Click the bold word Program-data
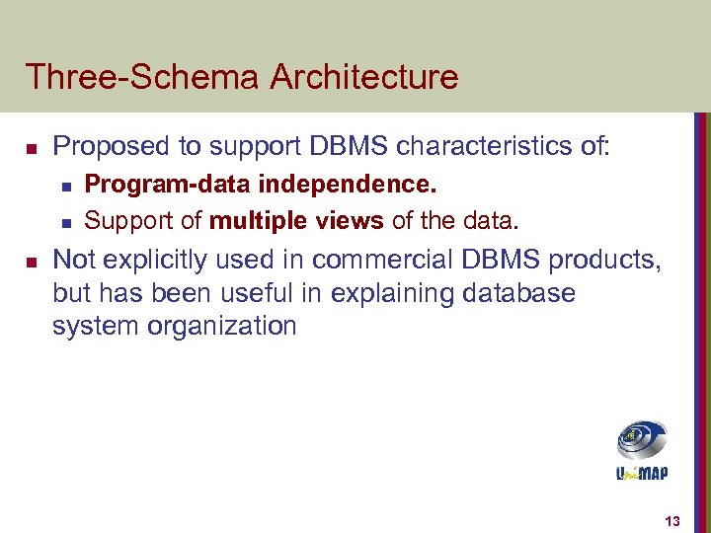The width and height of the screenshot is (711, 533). pyautogui.click(x=159, y=185)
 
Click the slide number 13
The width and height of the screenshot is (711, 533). pyautogui.click(x=673, y=521)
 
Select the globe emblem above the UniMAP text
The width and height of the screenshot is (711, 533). pyautogui.click(x=641, y=439)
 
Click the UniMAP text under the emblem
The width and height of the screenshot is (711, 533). pyautogui.click(x=641, y=473)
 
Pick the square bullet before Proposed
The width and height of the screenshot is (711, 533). pyautogui.click(x=31, y=149)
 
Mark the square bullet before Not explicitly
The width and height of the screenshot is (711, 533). pyautogui.click(x=31, y=261)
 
